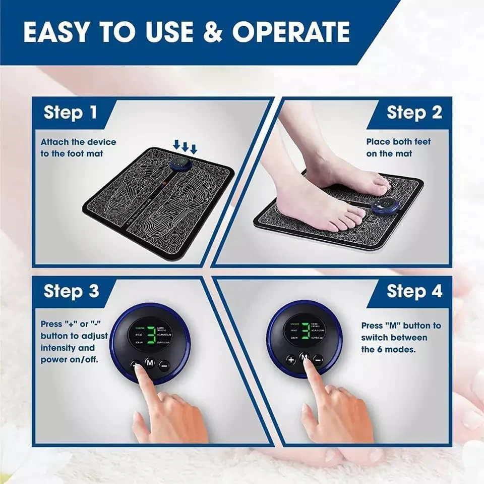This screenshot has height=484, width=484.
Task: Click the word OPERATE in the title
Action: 291,32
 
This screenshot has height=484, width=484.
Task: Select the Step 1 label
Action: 70,112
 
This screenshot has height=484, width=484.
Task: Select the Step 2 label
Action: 414,112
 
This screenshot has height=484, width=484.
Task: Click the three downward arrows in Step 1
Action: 185,146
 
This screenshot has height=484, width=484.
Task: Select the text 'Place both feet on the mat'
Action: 398,147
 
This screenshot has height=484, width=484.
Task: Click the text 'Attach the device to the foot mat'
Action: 78,147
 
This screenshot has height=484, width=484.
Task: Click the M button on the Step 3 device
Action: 150,362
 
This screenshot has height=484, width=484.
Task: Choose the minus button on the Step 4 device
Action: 318,360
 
